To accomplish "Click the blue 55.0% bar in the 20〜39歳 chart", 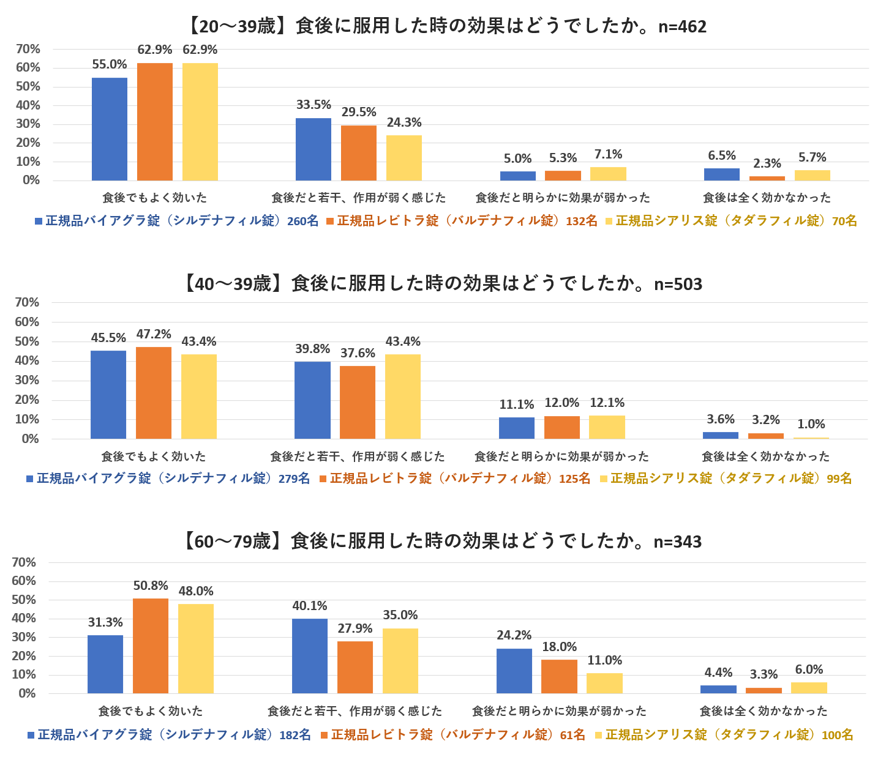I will pos(110,129).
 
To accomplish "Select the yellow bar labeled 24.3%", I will pos(404,158).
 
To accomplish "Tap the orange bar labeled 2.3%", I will pos(767,178).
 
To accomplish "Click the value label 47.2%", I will pos(153,334).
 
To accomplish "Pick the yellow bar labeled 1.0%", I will pos(811,438).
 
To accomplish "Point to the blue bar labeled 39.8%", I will pos(312,400).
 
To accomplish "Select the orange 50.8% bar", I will pos(151,646).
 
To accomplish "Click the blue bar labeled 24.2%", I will pos(514,671).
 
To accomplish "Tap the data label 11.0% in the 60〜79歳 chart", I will pos(605,660).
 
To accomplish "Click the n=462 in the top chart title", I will pos(682,27).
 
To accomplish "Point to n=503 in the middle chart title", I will pos(678,285).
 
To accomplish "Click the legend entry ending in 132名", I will pos(462,221).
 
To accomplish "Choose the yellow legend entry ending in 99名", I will pos(726,479).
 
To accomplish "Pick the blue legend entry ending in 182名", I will pos(169,735).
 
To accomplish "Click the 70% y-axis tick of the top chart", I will pos(28,49).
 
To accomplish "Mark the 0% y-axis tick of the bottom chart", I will pos(27,693).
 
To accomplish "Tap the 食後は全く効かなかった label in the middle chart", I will pos(765,456).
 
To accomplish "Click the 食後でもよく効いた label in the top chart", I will pos(154,198).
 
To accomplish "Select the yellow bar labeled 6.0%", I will pos(809,688).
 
